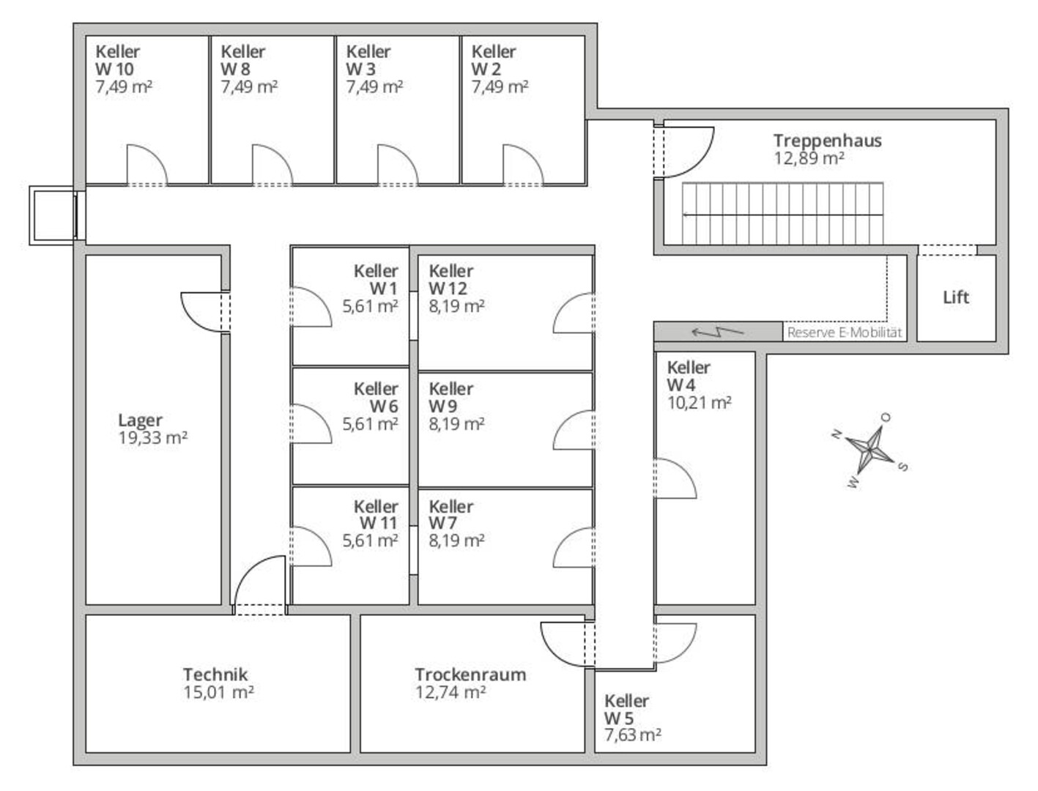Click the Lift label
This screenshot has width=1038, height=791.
coord(956,297)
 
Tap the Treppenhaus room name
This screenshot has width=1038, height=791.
coord(828,141)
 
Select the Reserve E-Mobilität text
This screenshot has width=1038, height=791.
coord(845,333)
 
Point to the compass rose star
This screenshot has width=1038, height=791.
coord(870,449)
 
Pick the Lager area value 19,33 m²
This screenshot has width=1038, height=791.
coord(153,438)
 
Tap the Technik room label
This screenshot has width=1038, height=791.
coord(215,675)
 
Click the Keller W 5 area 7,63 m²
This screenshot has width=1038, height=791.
coord(633,735)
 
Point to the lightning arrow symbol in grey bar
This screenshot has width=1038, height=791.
coord(717,332)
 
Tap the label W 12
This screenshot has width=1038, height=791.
coord(448,289)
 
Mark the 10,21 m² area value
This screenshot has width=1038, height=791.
coord(700,403)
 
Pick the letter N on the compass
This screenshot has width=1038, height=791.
coord(837,434)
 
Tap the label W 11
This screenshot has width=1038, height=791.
coord(379,524)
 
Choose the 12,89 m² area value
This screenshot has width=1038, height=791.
coord(809,158)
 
